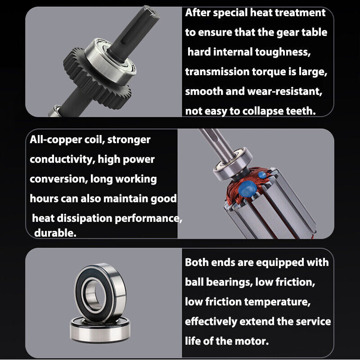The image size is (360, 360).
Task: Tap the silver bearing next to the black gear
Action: coord(110,61)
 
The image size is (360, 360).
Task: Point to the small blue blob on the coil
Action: coord(262,175)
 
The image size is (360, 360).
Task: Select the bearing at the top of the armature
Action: coord(233,163)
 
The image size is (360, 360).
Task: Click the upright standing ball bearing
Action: coord(100,293)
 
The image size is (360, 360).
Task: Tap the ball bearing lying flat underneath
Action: coord(100,331)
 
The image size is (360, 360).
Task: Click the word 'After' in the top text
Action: coord(198,13)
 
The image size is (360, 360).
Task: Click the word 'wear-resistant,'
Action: coord(285,91)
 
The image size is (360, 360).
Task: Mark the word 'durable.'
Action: coord(55,233)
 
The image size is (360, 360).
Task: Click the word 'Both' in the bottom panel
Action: coord(197,262)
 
